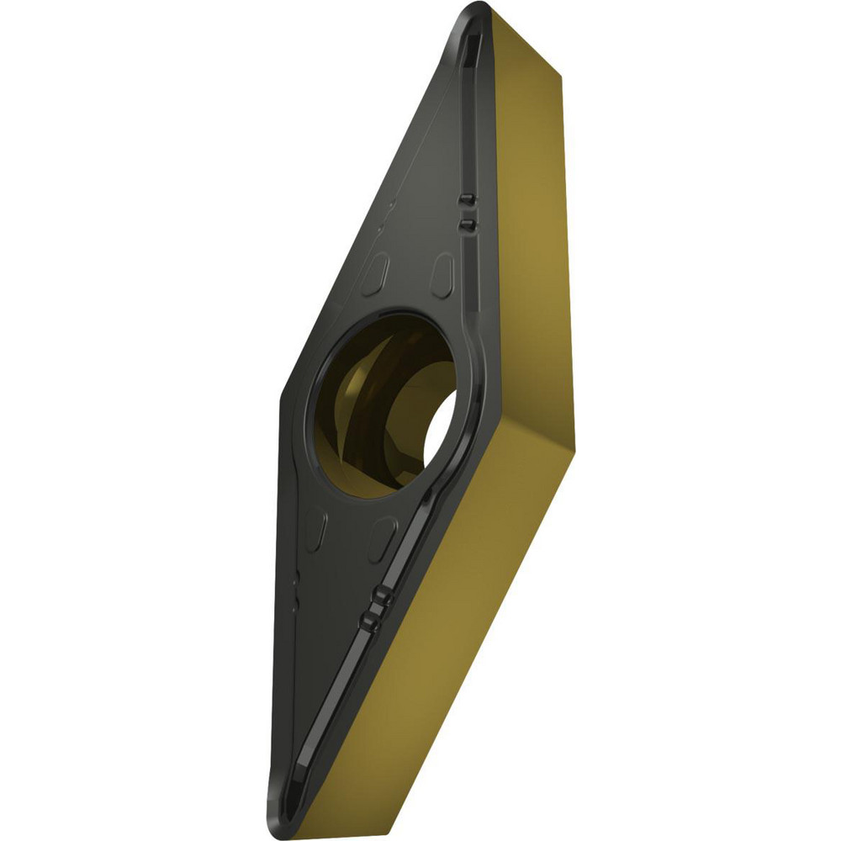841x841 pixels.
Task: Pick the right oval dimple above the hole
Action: pyautogui.click(x=444, y=271)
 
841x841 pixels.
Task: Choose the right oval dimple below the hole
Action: pyautogui.click(x=383, y=532)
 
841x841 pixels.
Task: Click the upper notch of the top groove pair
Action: pyautogui.click(x=468, y=198)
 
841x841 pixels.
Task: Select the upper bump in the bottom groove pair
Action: pyautogui.click(x=381, y=598)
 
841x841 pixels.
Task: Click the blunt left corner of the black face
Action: pyautogui.click(x=282, y=395)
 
